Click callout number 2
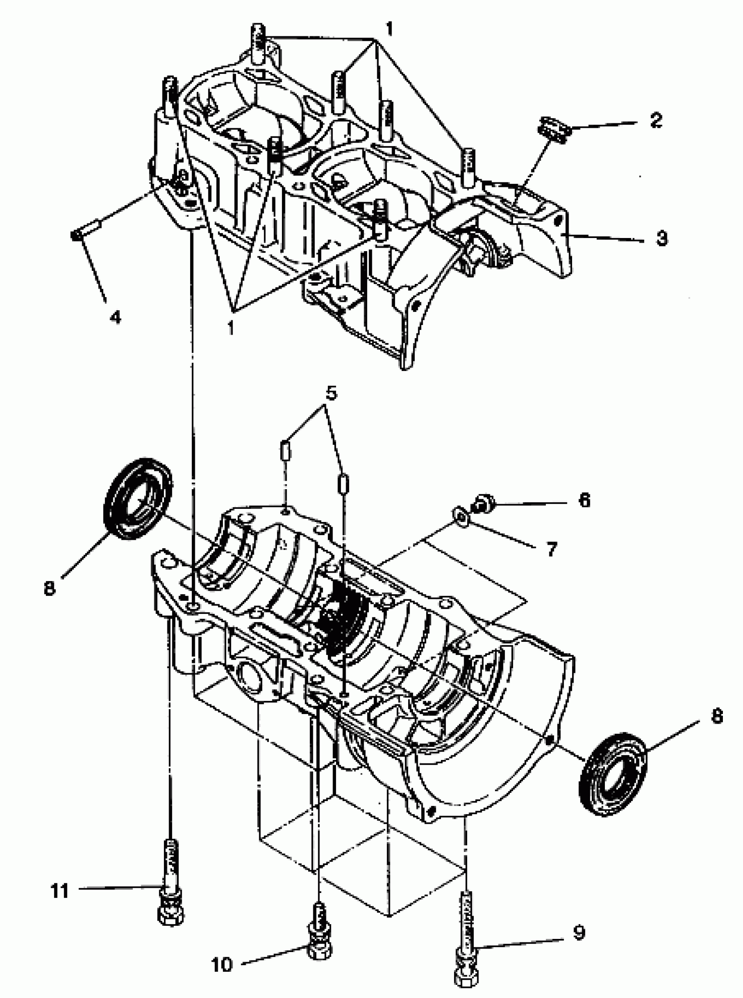[656, 120]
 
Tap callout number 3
[661, 238]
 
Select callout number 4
[115, 317]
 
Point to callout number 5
[330, 393]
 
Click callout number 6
[584, 500]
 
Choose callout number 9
[579, 933]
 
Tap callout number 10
[222, 964]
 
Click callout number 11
[59, 891]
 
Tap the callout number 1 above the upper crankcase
[389, 30]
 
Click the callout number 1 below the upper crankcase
[231, 328]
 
